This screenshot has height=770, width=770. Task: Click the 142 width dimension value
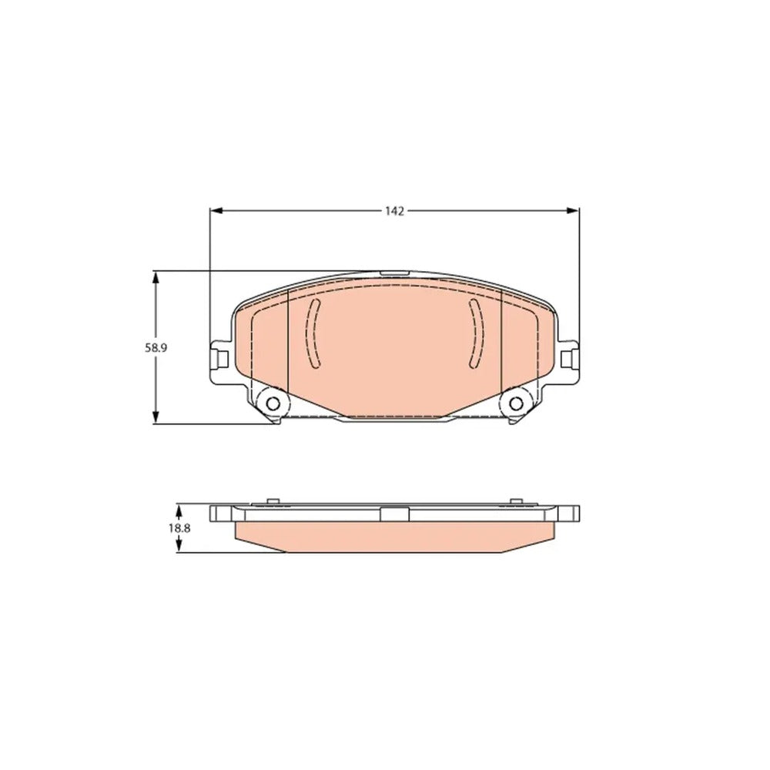394,211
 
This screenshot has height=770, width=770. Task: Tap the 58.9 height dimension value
156,348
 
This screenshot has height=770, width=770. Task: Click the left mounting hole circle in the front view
273,403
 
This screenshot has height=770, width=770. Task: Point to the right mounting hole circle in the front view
516,403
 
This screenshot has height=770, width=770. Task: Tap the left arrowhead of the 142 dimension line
216,211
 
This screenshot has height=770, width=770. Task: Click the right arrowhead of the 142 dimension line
573,211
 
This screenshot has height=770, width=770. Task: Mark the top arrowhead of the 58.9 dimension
156,278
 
